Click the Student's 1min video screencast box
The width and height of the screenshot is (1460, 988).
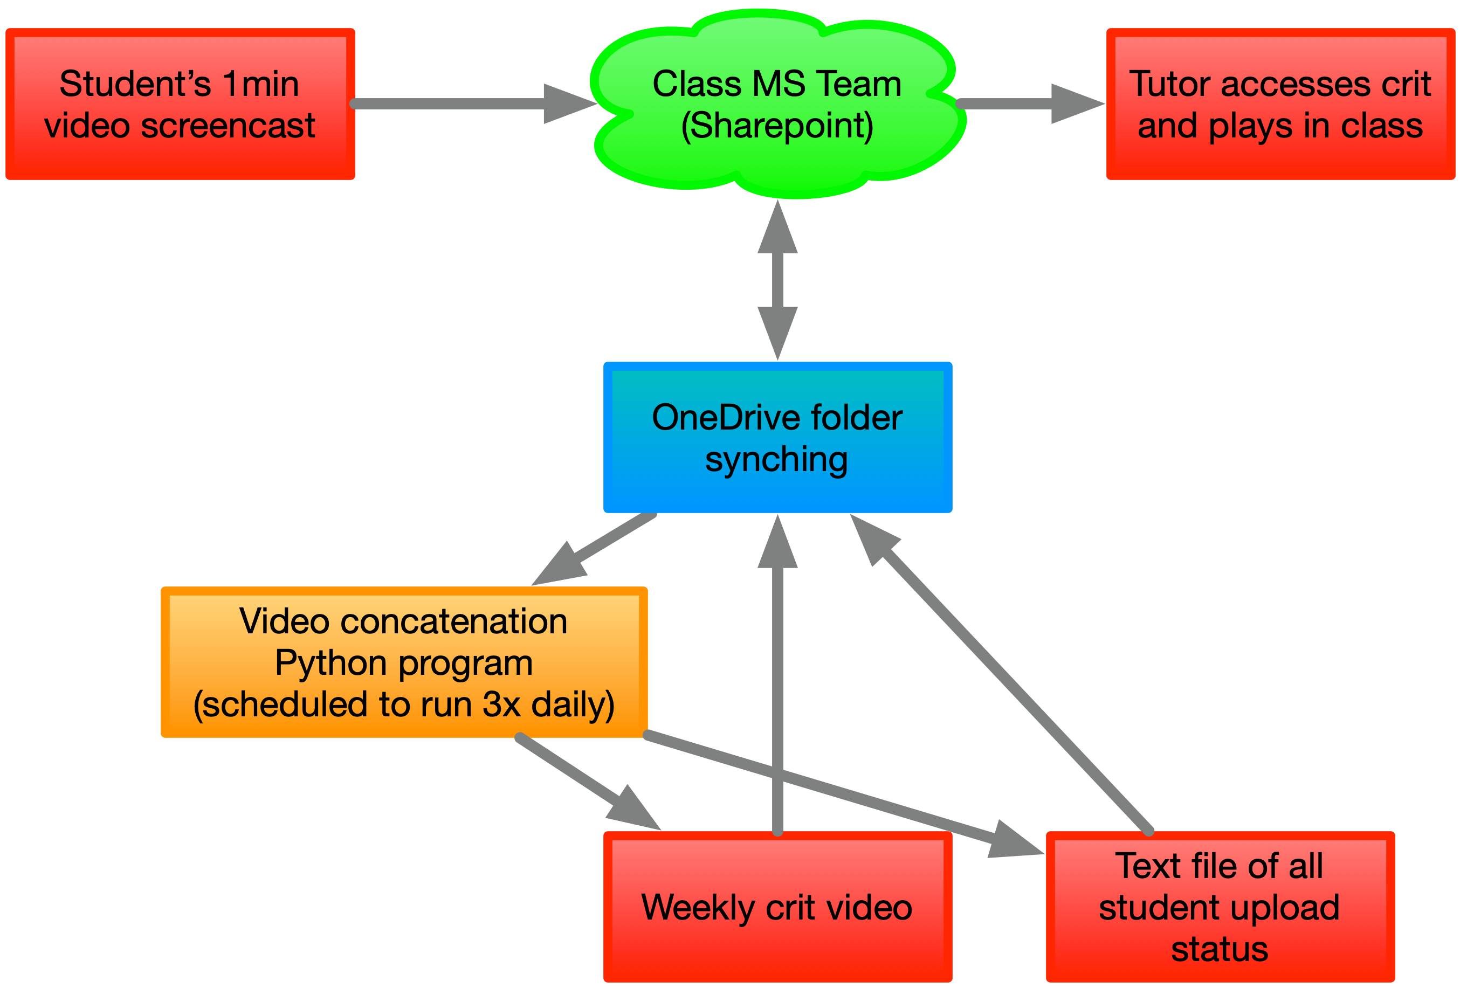pos(180,104)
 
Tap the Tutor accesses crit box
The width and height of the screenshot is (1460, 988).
pos(1280,104)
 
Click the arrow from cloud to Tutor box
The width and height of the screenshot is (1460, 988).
pos(1018,103)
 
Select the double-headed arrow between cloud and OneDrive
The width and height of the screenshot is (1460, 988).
pos(777,280)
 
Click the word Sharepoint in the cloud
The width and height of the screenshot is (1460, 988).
pos(777,126)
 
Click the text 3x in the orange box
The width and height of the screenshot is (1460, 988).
pos(501,704)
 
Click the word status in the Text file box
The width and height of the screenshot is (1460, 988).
pos(1220,949)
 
